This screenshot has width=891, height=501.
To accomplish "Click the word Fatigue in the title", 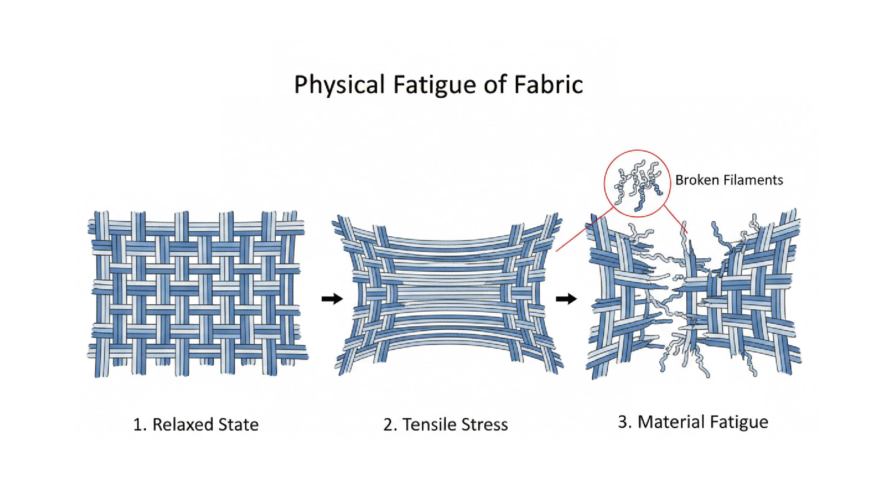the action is pos(434,85).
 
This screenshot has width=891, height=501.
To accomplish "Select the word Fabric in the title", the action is pos(548,84).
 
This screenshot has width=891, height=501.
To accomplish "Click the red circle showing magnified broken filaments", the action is pos(637,183).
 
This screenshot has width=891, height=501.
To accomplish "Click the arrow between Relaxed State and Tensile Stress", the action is pos(332,299).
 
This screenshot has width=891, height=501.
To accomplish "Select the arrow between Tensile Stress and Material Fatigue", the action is pos(566,299).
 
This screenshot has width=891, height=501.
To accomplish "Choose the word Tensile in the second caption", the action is pos(429,425).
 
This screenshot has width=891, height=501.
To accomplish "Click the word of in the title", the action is pos(495,85).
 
